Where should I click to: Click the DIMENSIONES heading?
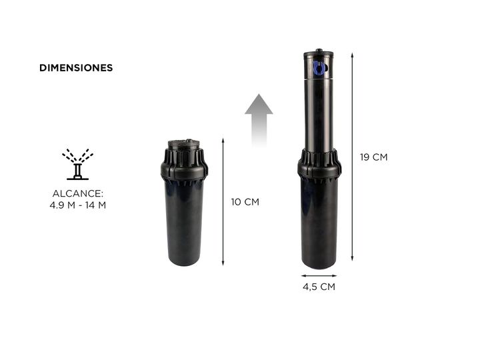pyautogui.click(x=76, y=67)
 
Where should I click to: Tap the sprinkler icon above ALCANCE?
pyautogui.click(x=78, y=165)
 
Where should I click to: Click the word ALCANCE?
pyautogui.click(x=78, y=193)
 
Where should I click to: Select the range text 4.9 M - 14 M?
pyautogui.click(x=78, y=205)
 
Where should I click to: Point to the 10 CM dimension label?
pyautogui.click(x=245, y=202)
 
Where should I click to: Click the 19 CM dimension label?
pyautogui.click(x=373, y=157)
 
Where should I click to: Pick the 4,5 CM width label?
pyautogui.click(x=319, y=287)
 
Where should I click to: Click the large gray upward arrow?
pyautogui.click(x=259, y=120)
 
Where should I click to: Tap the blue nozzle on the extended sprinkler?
pyautogui.click(x=318, y=68)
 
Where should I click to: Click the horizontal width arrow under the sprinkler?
pyautogui.click(x=319, y=275)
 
